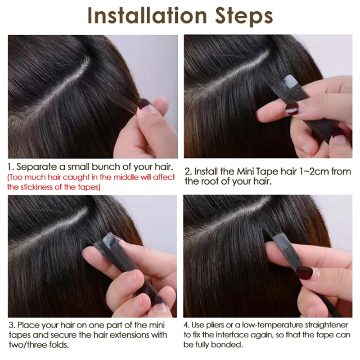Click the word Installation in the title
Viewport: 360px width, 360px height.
click(x=148, y=16)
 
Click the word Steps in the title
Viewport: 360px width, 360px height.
click(x=244, y=17)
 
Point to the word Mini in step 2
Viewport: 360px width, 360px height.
click(x=245, y=171)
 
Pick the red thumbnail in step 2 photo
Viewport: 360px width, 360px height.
click(x=292, y=108)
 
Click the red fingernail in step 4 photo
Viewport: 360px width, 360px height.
click(x=305, y=273)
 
